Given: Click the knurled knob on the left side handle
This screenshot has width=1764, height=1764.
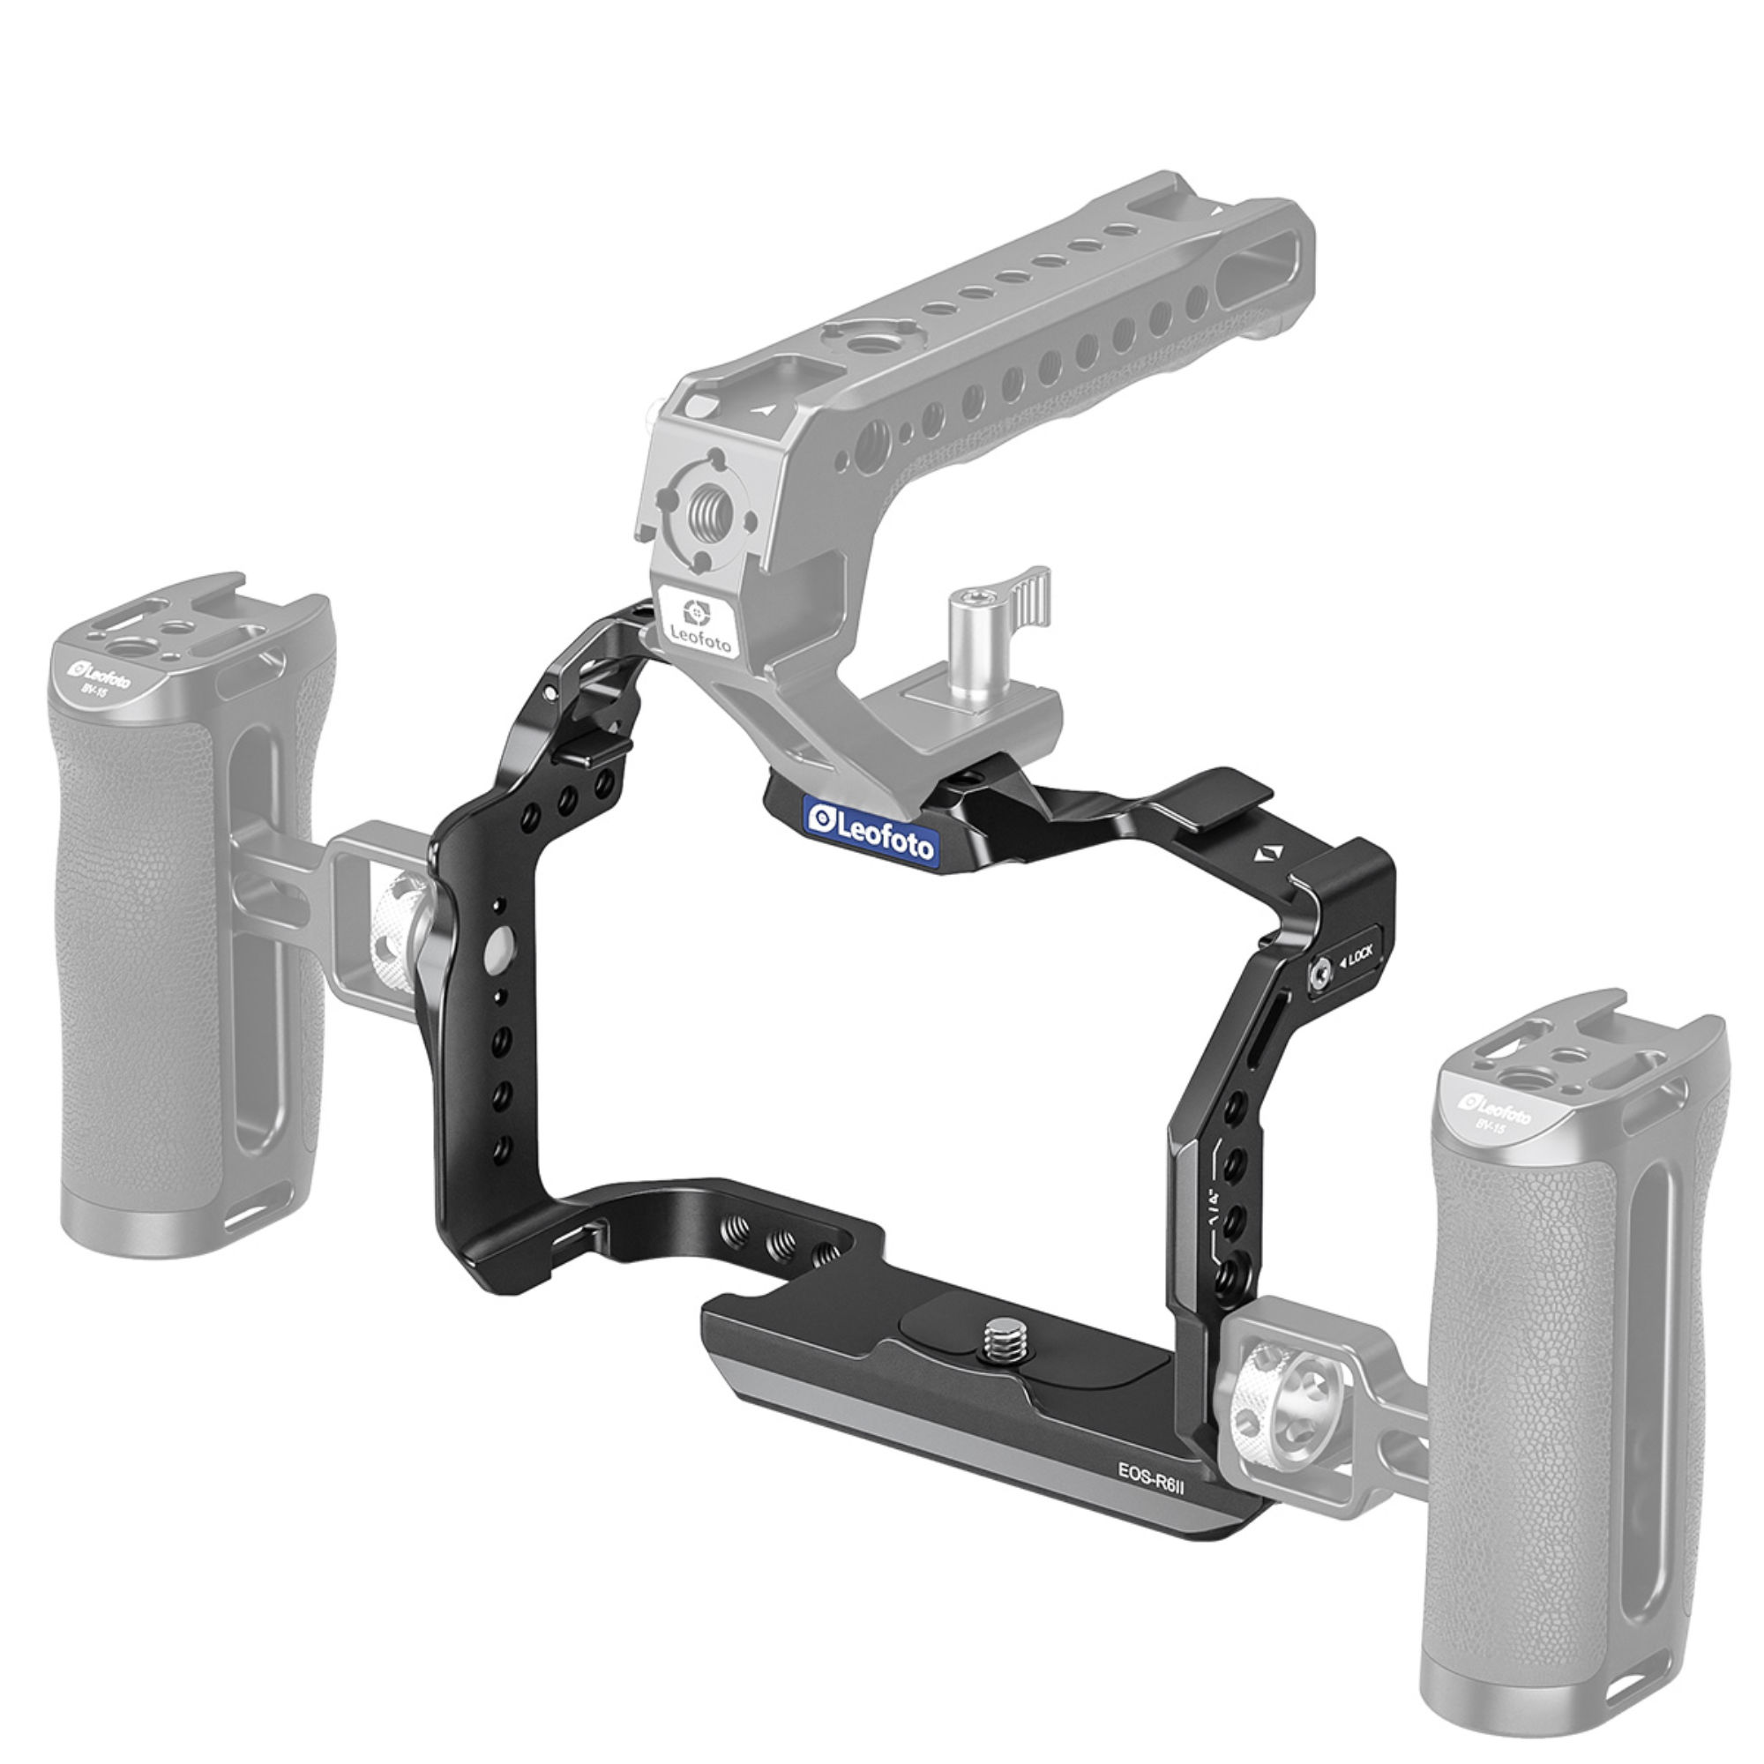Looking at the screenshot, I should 400,931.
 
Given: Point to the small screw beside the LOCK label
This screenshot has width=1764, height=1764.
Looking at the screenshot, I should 1318,977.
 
